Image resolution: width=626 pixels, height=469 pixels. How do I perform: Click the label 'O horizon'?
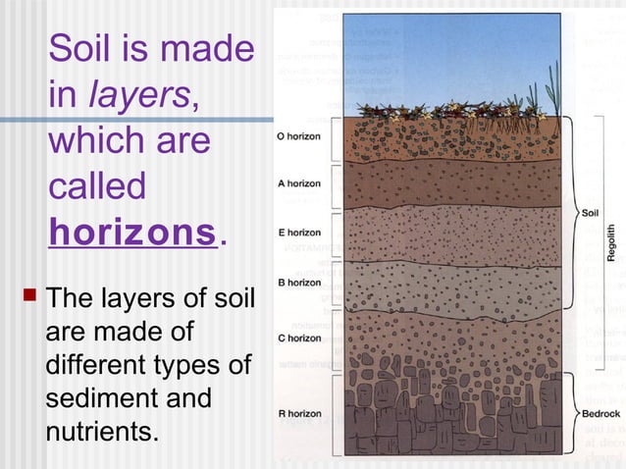coord(299,135)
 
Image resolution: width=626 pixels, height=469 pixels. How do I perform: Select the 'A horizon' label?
coord(299,182)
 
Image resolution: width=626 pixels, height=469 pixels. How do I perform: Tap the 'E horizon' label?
coord(299,233)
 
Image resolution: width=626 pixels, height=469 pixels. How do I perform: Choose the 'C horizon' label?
coord(299,338)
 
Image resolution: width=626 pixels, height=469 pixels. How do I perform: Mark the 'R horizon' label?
coord(299,414)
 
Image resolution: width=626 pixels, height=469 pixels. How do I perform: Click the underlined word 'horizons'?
coord(133,233)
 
